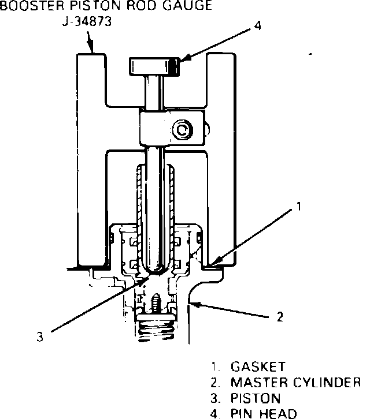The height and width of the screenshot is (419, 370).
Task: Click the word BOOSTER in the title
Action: [x=25, y=6]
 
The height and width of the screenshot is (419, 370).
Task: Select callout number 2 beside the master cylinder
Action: [x=280, y=316]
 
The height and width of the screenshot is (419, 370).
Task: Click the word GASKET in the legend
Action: [x=258, y=367]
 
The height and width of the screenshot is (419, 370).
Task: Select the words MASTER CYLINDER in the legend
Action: [x=295, y=382]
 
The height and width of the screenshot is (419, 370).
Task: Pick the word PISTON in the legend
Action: [x=256, y=398]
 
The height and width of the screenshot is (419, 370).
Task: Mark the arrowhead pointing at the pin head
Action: [x=180, y=60]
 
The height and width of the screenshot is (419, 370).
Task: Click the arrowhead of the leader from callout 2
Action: [x=195, y=302]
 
